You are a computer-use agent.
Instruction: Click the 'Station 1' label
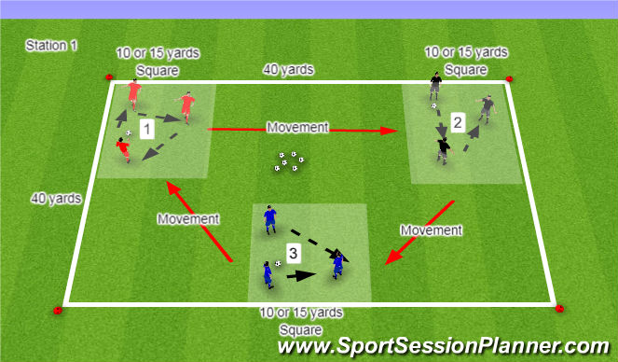[51, 45]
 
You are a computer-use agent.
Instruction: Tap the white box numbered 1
[145, 129]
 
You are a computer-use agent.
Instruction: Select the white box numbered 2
[457, 121]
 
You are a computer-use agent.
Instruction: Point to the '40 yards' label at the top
[288, 69]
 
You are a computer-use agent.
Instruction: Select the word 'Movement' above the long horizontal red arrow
[298, 125]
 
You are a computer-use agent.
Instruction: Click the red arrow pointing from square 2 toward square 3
[419, 229]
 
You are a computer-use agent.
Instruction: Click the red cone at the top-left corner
[108, 77]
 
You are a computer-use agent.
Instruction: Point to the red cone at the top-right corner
[508, 79]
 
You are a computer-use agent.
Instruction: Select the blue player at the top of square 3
[269, 217]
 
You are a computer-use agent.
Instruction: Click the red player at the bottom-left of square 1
[124, 146]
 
